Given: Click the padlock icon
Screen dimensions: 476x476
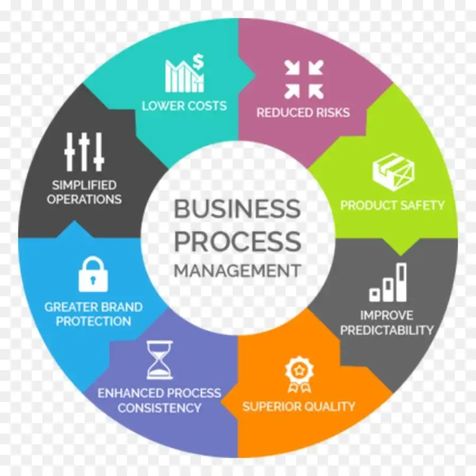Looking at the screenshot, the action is (93, 274).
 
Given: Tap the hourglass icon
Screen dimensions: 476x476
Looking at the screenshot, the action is (160, 360).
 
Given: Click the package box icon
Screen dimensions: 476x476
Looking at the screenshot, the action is (393, 172).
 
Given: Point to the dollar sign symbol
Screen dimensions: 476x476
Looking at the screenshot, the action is (198, 62).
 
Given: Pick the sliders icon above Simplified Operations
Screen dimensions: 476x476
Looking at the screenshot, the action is (84, 152).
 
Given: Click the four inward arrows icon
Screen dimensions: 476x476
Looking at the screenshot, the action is (304, 79).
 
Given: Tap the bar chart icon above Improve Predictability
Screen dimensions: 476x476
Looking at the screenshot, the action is (388, 282).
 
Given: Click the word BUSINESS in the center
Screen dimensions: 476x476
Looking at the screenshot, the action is (237, 208).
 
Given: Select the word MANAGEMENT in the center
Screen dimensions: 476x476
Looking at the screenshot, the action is (237, 270).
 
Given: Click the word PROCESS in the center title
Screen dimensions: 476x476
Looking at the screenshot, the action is (237, 241).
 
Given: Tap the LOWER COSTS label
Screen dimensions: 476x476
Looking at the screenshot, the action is (184, 106).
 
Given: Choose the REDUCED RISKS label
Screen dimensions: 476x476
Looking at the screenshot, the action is (303, 113).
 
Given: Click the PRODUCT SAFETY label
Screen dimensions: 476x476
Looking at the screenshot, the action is (392, 205).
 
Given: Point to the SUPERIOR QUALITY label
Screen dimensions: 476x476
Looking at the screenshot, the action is (299, 406).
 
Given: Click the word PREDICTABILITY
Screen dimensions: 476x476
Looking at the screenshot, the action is (387, 330).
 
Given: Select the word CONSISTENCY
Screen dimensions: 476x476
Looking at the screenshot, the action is (159, 408).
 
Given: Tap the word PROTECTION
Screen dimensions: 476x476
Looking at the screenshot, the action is (94, 321).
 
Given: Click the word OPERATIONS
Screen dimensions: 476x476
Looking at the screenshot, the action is (84, 199).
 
